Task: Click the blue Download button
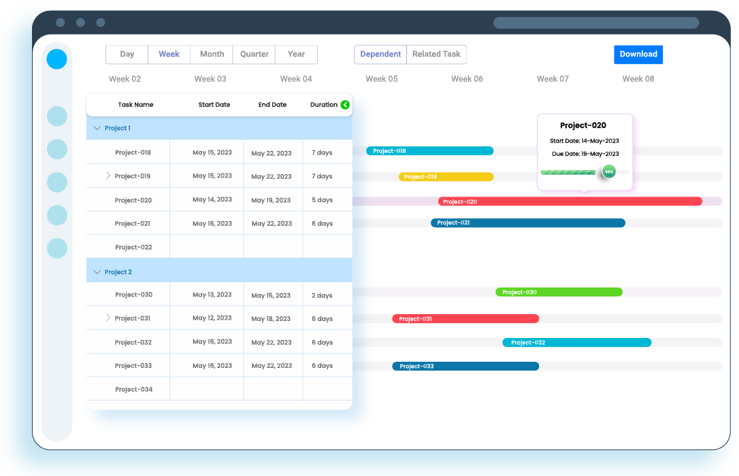coord(638,54)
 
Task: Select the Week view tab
coord(169,54)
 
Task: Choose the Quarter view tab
coord(254,54)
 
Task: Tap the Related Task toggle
coord(436,54)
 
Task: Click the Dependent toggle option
coord(380,54)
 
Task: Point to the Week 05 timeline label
coord(381,79)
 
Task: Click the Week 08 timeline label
coord(638,79)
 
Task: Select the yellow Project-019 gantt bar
coord(446,177)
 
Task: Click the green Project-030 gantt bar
coord(559,292)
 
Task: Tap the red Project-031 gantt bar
coord(465,319)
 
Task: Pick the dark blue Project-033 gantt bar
coord(465,367)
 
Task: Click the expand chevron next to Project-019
coord(108,175)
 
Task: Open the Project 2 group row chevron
coord(97,272)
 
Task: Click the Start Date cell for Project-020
coord(212,200)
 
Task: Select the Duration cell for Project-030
coord(322,296)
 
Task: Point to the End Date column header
coord(272,105)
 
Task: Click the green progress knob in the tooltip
coord(608,172)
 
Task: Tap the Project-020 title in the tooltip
coord(583,126)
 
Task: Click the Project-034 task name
coord(133,390)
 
